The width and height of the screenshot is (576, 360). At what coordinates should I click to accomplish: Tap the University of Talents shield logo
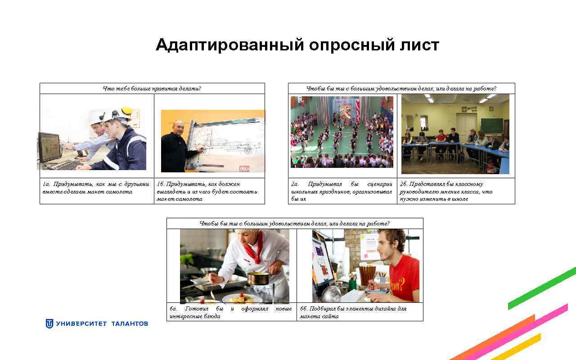[x=49, y=324]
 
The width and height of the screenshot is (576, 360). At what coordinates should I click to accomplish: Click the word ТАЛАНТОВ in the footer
[x=130, y=324]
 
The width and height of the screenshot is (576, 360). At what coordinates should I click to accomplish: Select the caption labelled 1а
[x=96, y=188]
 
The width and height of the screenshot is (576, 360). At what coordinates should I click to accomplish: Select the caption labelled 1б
[x=207, y=191]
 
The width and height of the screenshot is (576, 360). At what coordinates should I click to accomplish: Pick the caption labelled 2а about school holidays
[x=342, y=191]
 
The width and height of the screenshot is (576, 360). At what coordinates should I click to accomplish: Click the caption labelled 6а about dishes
[x=230, y=312]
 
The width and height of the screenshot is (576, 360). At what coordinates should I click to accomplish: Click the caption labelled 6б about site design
[x=353, y=312]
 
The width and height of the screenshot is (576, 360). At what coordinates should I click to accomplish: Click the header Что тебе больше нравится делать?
[x=152, y=89]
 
